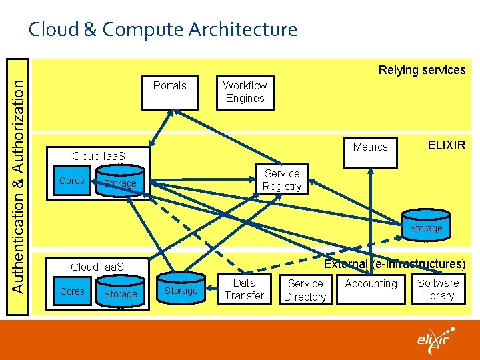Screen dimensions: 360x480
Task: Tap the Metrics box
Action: click(x=370, y=147)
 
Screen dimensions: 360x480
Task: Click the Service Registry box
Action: click(x=282, y=179)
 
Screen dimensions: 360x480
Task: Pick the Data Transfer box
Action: click(x=244, y=289)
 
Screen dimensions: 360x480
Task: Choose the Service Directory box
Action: click(x=305, y=290)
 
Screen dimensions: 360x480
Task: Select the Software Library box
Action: click(x=438, y=289)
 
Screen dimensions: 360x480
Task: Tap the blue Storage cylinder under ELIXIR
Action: click(x=425, y=227)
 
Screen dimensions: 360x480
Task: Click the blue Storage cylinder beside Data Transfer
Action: click(x=181, y=290)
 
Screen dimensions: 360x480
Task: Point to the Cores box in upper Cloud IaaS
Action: click(x=72, y=181)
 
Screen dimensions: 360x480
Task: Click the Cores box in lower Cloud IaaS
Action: click(x=72, y=292)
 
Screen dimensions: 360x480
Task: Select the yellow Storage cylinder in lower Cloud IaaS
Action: click(x=120, y=293)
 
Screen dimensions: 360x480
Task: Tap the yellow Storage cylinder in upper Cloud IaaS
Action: click(x=120, y=183)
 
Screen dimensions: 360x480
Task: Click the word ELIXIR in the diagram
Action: click(x=447, y=145)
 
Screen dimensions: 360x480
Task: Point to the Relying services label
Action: click(x=422, y=70)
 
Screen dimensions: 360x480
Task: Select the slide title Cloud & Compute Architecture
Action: click(x=162, y=29)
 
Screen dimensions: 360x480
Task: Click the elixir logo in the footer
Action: click(x=436, y=339)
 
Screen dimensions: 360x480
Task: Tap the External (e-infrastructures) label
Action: click(x=394, y=264)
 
